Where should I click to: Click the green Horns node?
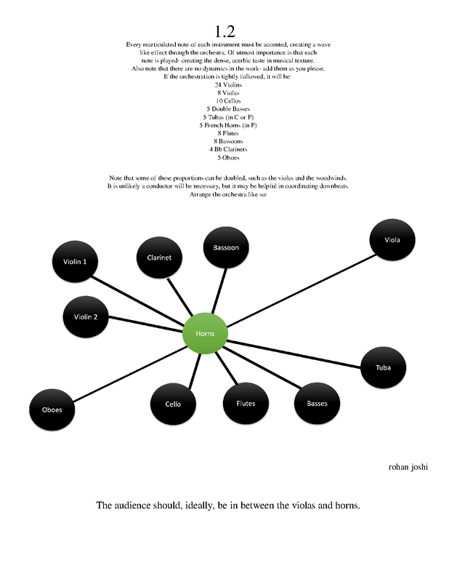coord(206,334)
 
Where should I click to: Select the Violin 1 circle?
coord(76,261)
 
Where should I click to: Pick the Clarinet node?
coord(159,258)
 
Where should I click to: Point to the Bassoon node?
coord(225,248)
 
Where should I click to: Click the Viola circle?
coord(392,239)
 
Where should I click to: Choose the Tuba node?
coord(383,367)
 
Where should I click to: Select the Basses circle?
coord(317,404)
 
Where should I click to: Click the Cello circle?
coord(173,404)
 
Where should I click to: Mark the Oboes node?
coord(52,410)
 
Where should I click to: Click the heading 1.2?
coord(224,31)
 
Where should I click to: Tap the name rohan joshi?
coord(408,467)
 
